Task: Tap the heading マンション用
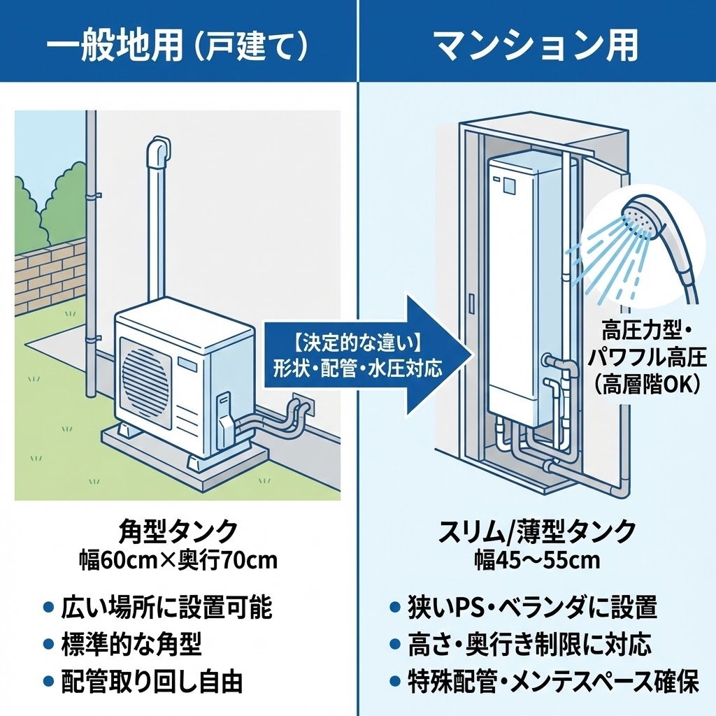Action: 536,45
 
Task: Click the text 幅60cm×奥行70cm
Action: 179,560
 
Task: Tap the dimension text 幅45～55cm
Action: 537,560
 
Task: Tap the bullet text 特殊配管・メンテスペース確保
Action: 552,682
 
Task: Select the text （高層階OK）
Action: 647,384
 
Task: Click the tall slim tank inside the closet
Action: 521,287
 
